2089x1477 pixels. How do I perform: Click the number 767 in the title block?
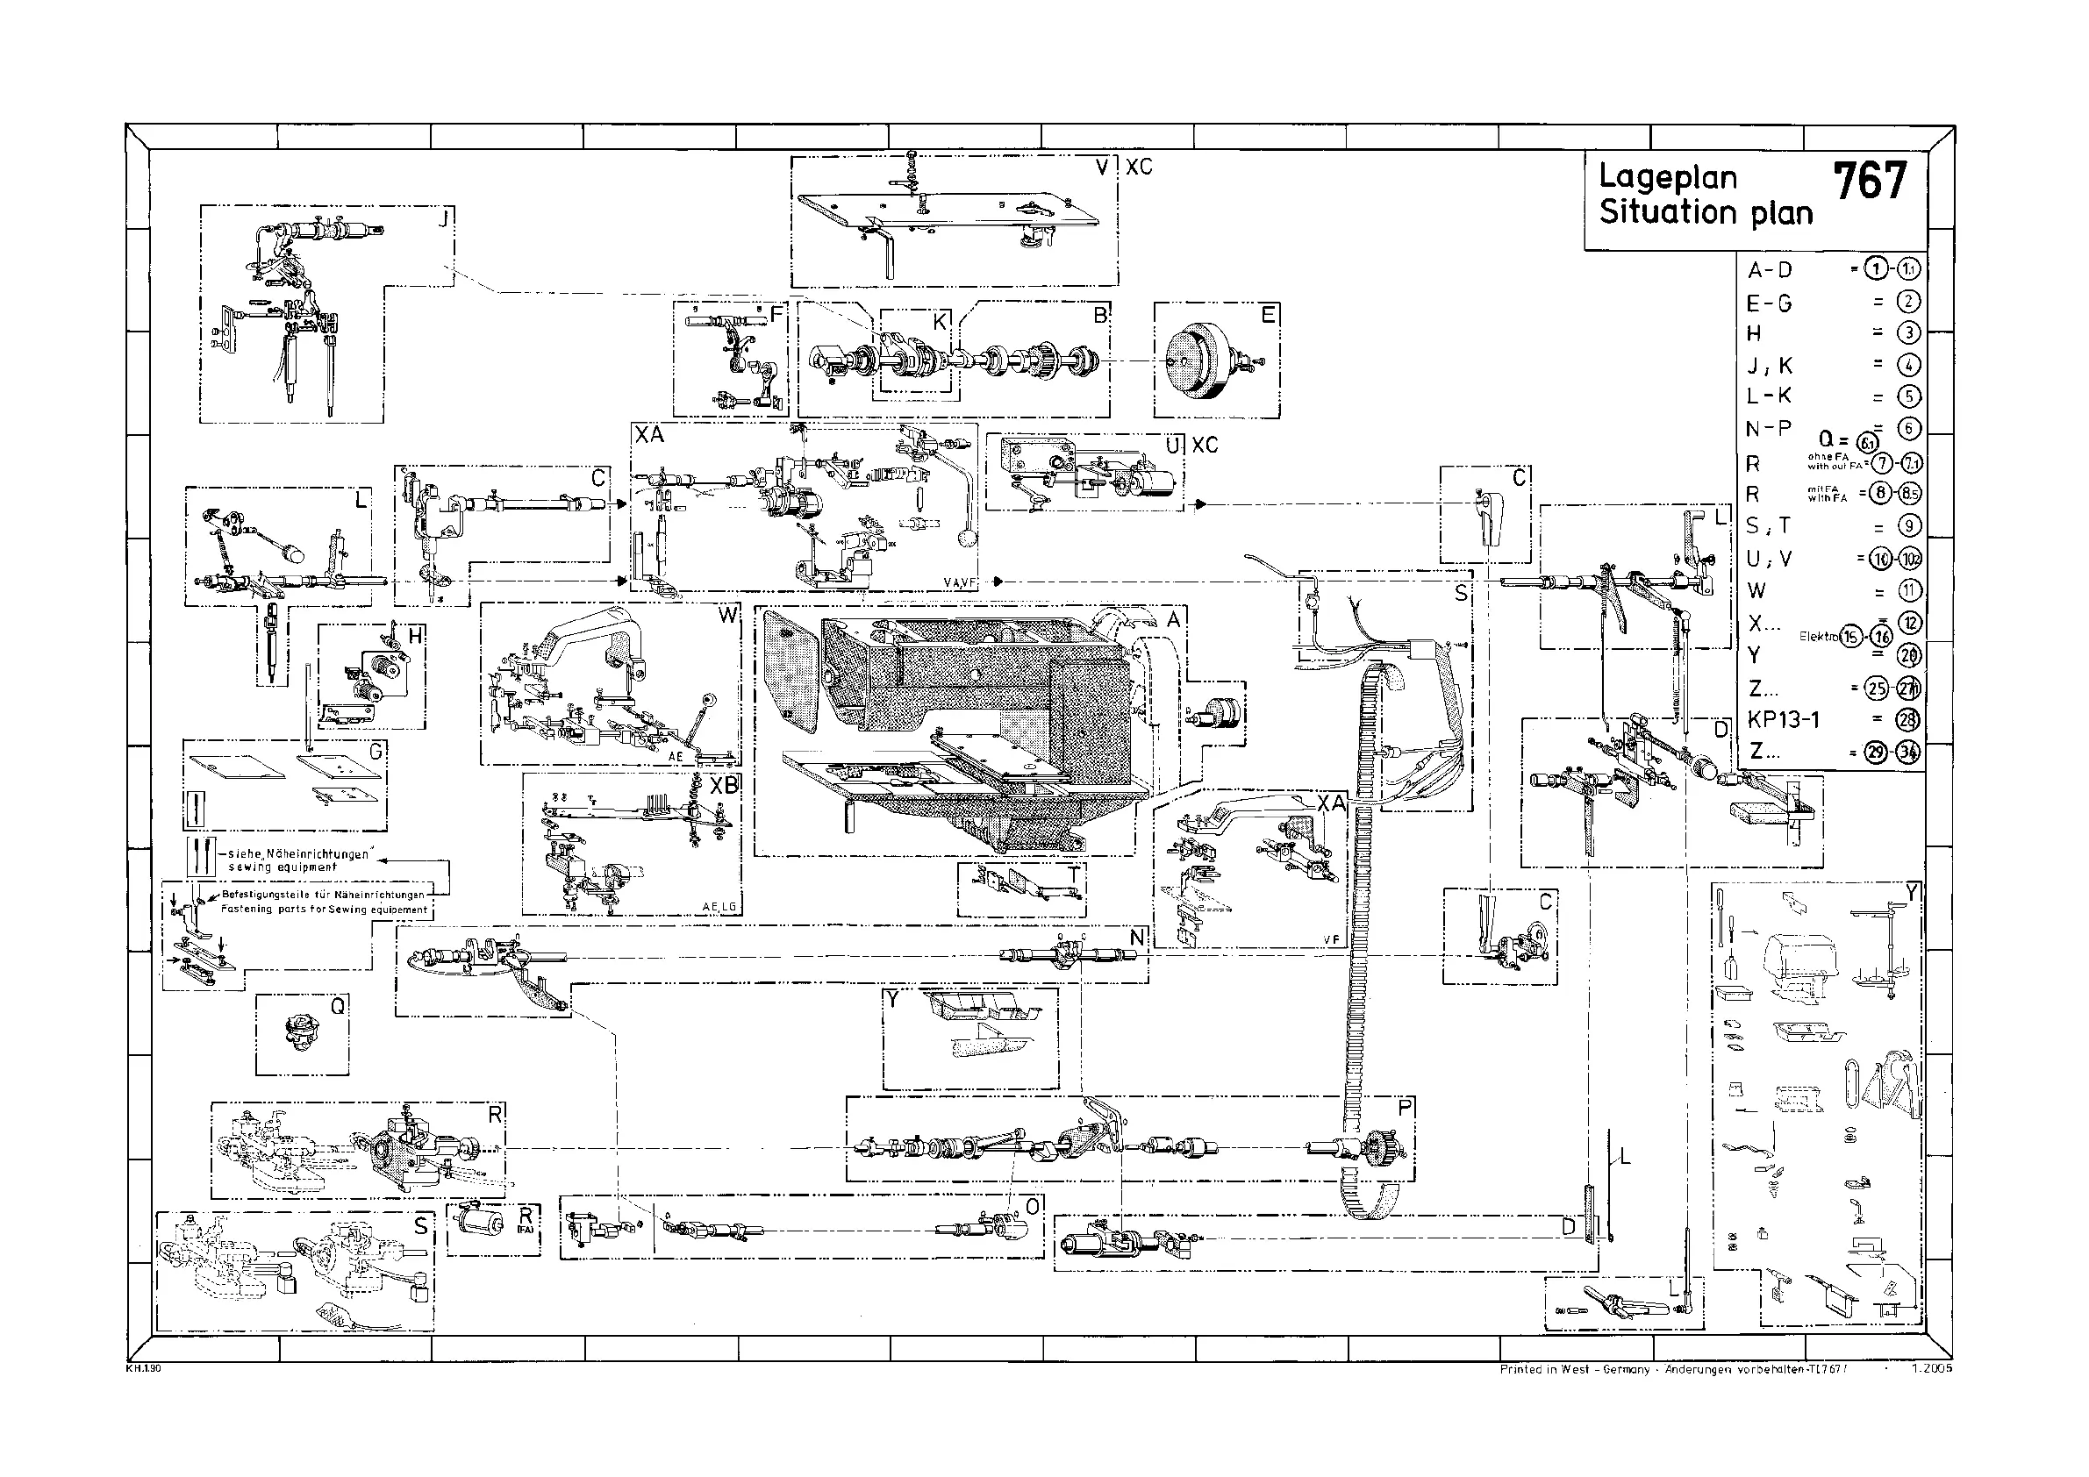point(1869,182)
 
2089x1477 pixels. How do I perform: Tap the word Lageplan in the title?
point(1668,177)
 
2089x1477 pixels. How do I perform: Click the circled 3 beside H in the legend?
point(1908,333)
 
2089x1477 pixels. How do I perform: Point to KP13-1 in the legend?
point(1784,719)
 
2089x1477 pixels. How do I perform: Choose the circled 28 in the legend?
point(1908,719)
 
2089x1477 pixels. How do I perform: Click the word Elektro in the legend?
point(1818,637)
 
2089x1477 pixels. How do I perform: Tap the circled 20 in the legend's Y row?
point(1908,655)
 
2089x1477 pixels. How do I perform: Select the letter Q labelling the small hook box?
point(338,1006)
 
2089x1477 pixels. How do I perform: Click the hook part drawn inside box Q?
point(298,1033)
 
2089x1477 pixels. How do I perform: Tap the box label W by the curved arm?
point(727,616)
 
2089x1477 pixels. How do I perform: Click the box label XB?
point(724,785)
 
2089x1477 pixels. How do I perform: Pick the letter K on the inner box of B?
point(940,321)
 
